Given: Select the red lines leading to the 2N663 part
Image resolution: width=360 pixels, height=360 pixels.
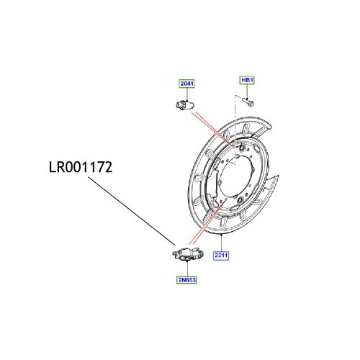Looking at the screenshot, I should coord(205,234).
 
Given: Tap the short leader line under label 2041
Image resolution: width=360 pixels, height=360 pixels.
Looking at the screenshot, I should coord(186,94).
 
